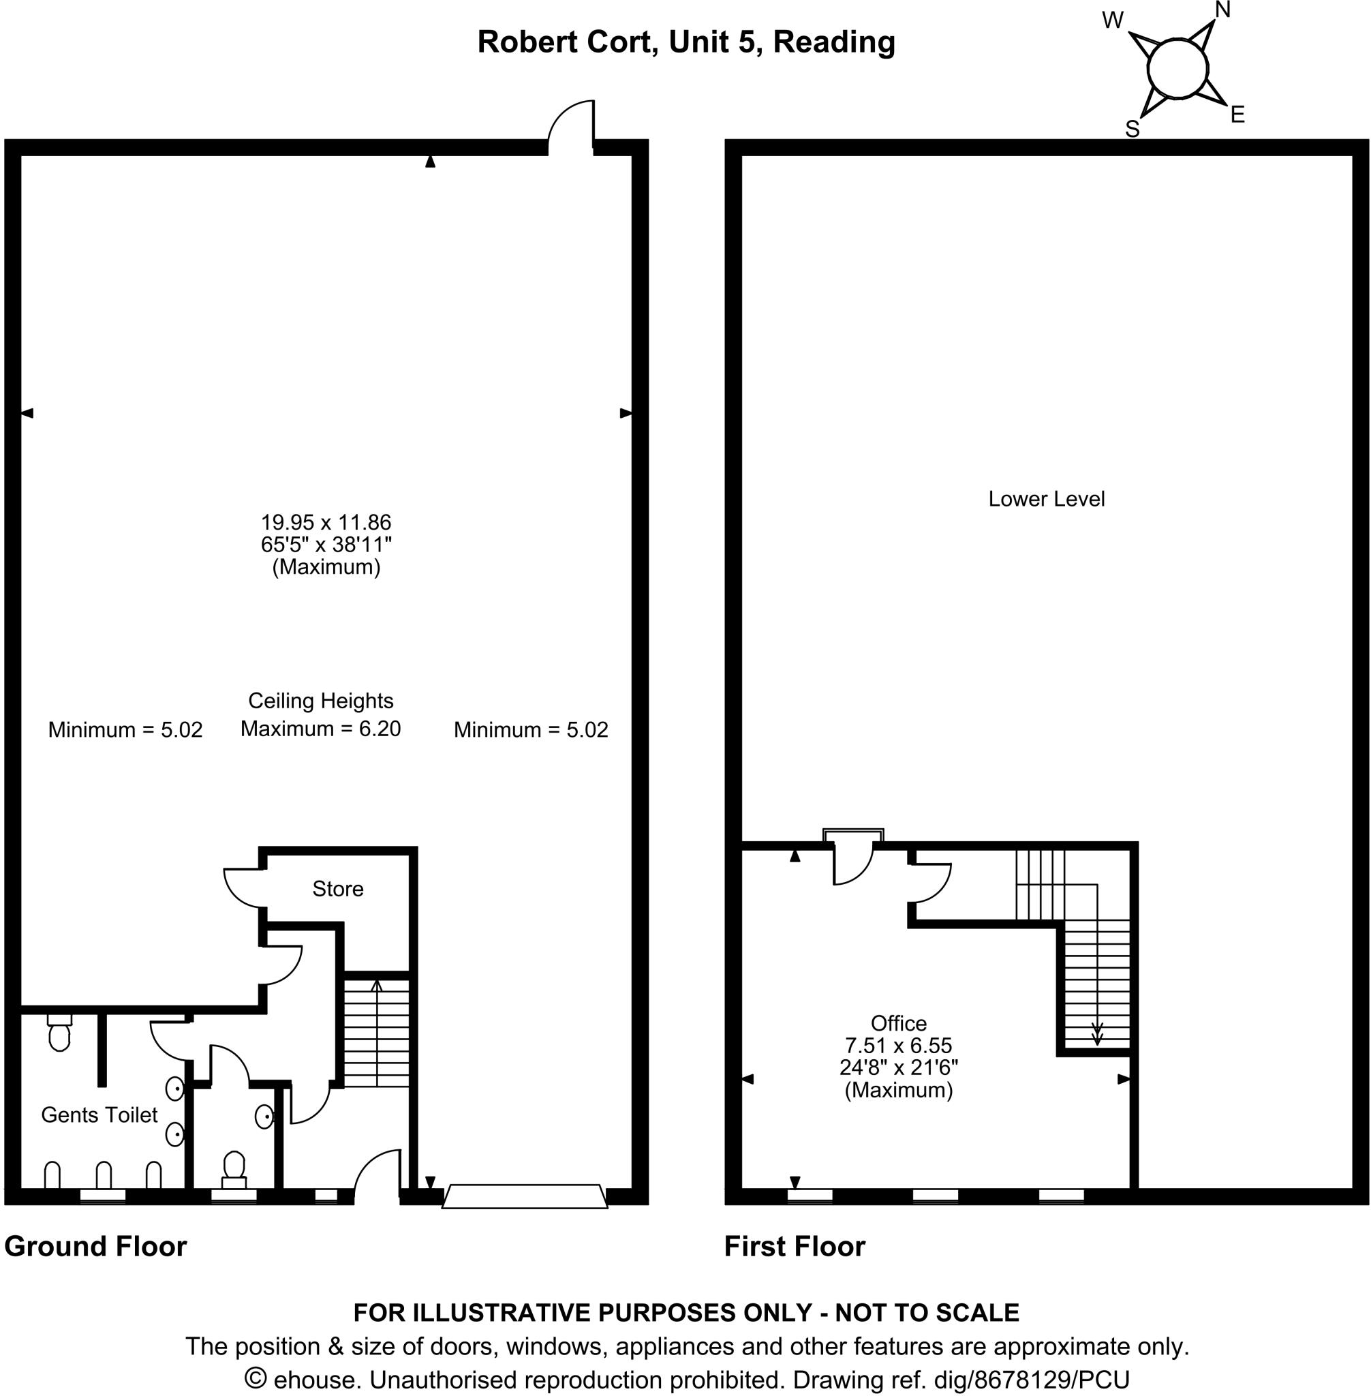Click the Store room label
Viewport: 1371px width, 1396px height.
point(338,889)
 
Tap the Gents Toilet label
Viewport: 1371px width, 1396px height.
point(99,1115)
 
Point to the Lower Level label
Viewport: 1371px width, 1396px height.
point(1045,499)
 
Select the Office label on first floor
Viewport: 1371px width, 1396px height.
point(898,1024)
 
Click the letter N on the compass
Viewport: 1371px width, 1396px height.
point(1222,10)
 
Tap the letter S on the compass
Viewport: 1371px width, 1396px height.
point(1132,130)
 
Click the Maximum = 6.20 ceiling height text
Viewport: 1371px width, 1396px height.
point(320,729)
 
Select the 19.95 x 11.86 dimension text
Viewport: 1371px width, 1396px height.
point(326,522)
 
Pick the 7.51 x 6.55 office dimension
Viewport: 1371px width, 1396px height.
point(898,1045)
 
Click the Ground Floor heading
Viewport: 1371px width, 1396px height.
point(96,1246)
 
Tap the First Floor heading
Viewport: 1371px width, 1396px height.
point(795,1246)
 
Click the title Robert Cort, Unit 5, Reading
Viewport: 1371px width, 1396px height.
point(685,42)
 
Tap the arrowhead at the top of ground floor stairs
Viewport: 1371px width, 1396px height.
point(376,986)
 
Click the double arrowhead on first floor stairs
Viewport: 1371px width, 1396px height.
point(1096,1038)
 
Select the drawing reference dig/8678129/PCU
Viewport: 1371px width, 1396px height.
point(1031,1380)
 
